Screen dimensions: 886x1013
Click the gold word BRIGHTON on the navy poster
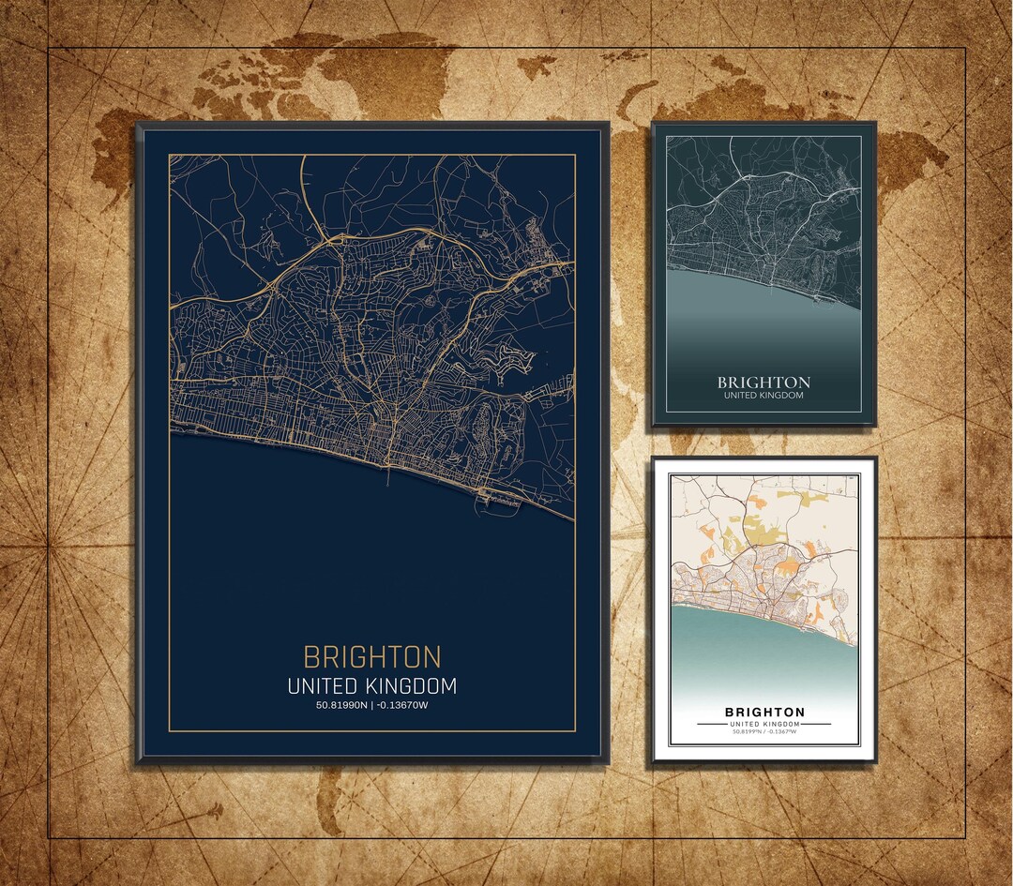click(371, 656)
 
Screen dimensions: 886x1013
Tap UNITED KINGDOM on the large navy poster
click(371, 686)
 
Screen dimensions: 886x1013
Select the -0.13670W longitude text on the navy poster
click(401, 705)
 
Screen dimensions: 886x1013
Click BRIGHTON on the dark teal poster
click(764, 383)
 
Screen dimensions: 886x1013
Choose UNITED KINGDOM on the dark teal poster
click(764, 396)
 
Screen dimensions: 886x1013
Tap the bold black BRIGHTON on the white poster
click(764, 713)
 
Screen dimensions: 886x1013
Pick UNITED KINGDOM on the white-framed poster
click(764, 725)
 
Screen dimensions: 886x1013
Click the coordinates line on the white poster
click(764, 732)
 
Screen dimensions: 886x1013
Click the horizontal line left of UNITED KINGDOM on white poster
click(712, 725)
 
